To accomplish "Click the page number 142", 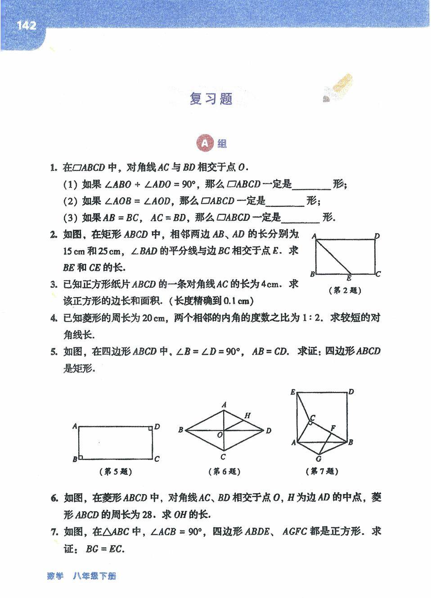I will [26, 26].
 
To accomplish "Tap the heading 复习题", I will [211, 99].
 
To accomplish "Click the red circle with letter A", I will [204, 143].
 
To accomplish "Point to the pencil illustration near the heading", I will [338, 89].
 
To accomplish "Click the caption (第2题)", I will [345, 290].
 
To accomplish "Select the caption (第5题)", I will [115, 472].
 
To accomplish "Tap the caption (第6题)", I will [224, 472].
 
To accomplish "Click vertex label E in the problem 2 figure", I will [349, 279].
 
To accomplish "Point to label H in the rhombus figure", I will [247, 416].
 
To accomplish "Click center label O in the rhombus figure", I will [220, 435].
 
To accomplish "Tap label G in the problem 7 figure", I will [318, 459].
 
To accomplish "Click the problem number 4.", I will [54, 318].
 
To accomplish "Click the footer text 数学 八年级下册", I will [81, 576].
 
